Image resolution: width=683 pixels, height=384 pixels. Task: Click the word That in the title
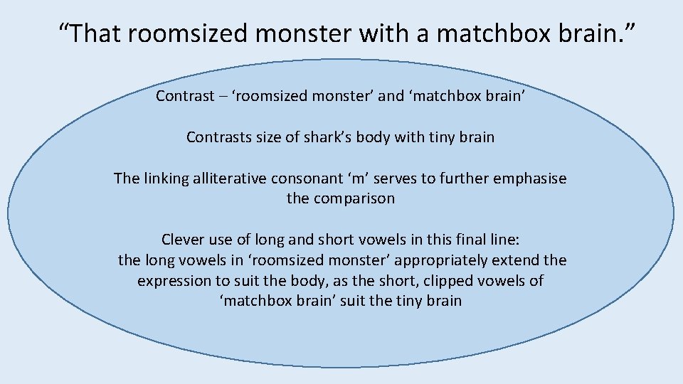pos(101,32)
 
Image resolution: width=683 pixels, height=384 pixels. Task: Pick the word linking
pos(166,178)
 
